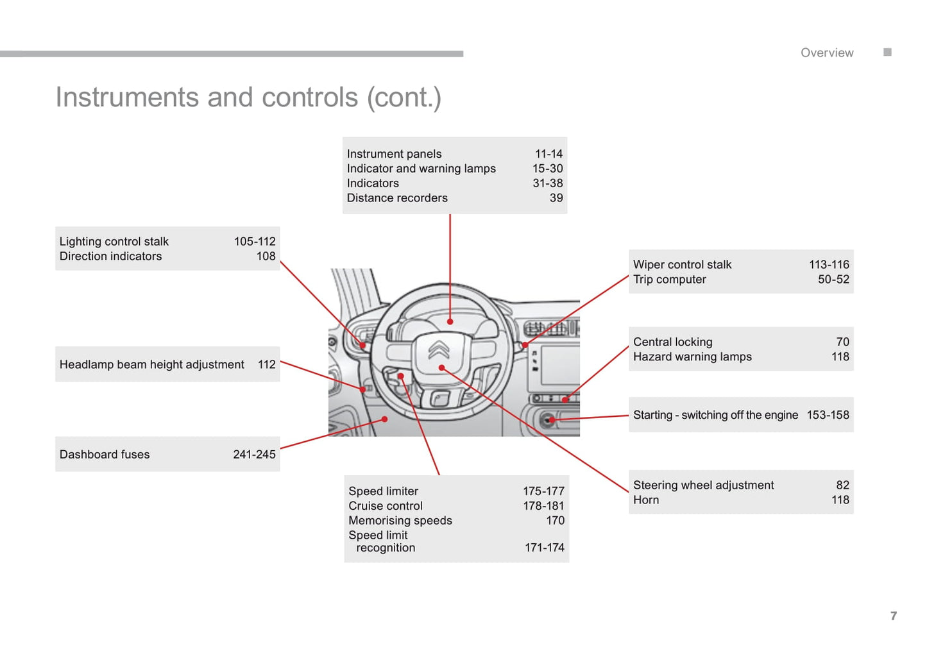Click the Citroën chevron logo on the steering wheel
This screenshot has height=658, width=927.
439,350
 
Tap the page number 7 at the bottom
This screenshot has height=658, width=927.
894,616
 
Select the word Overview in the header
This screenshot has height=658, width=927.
827,53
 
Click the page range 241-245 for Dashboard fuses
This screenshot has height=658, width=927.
254,455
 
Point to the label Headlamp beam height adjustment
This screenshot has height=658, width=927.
152,364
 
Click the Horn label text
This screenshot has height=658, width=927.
645,500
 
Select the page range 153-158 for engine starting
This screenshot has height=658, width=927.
828,415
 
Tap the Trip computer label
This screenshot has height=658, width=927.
669,280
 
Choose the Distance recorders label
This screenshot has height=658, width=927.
397,198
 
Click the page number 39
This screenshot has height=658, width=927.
556,198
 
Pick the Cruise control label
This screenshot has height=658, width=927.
386,506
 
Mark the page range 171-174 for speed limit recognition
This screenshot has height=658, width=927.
544,548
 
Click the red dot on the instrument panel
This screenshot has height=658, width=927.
450,321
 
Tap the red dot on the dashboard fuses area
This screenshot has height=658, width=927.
384,419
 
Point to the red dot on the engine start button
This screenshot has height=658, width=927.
552,420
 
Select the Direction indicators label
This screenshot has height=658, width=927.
110,256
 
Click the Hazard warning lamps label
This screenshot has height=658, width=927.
692,357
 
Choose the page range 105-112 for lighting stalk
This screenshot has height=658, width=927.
255,241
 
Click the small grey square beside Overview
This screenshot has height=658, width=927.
887,52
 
